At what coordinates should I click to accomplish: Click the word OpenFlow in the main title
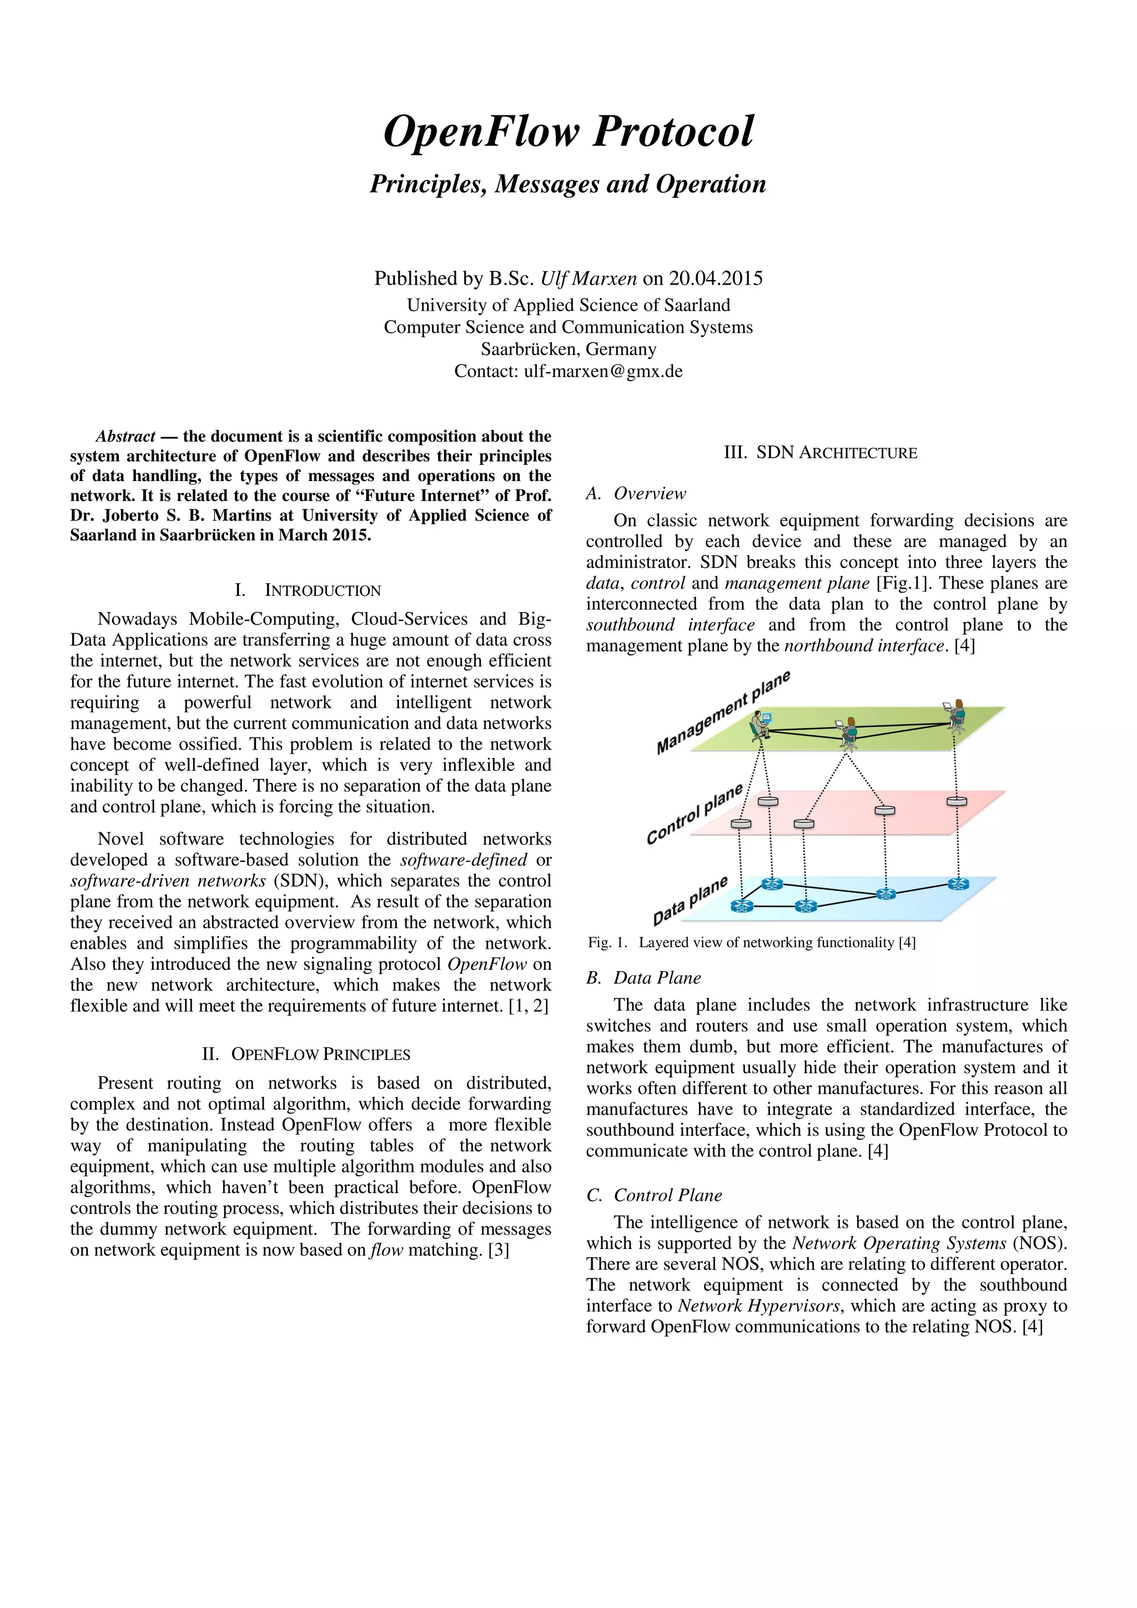tap(482, 132)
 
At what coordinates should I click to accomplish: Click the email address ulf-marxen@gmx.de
tap(603, 371)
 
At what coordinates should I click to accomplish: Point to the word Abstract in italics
tap(125, 436)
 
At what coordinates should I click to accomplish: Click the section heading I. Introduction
tap(308, 590)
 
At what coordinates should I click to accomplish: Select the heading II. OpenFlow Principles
tap(305, 1054)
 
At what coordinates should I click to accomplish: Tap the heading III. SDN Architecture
tap(821, 453)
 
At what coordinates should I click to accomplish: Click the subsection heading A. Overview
tap(636, 494)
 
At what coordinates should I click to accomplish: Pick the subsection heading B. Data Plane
tap(643, 978)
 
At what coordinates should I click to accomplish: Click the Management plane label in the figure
tap(722, 712)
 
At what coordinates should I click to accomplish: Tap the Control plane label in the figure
tap(693, 815)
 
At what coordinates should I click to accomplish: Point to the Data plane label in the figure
tap(690, 901)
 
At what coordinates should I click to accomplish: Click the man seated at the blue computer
tap(759, 724)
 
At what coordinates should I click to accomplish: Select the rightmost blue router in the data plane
tap(958, 884)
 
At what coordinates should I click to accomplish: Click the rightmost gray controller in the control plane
tap(956, 801)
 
